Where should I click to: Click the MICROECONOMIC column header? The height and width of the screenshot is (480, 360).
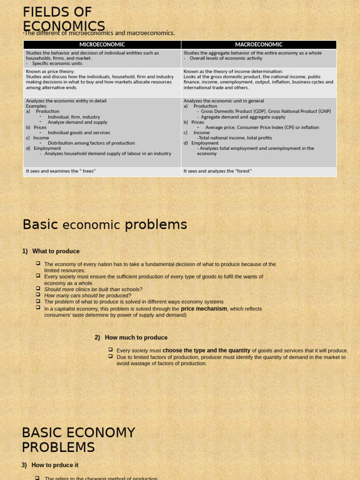[102, 45]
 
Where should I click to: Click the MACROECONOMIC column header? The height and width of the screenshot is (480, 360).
[258, 45]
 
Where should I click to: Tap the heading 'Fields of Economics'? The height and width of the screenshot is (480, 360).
[64, 19]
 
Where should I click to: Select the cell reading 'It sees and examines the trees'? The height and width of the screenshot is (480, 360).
[61, 171]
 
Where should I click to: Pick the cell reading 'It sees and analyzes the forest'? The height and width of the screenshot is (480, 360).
[217, 171]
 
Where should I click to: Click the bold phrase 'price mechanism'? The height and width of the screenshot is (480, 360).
[204, 309]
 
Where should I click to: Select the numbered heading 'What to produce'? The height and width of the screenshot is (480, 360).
[56, 251]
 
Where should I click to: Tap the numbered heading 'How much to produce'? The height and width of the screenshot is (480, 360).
[136, 337]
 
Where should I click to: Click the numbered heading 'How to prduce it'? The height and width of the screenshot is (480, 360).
[55, 465]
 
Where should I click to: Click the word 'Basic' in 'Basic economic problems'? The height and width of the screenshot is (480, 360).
[40, 225]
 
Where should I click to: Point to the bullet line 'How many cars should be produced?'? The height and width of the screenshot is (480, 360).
[88, 296]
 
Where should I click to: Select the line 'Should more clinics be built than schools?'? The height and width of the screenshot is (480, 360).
[93, 289]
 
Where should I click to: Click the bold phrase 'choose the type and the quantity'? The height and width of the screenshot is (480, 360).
[206, 351]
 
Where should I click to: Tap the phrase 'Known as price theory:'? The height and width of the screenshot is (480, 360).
[50, 72]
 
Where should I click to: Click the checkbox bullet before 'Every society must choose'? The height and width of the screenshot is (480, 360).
[111, 350]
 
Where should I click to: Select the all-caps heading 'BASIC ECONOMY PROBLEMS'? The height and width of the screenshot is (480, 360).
[78, 440]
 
